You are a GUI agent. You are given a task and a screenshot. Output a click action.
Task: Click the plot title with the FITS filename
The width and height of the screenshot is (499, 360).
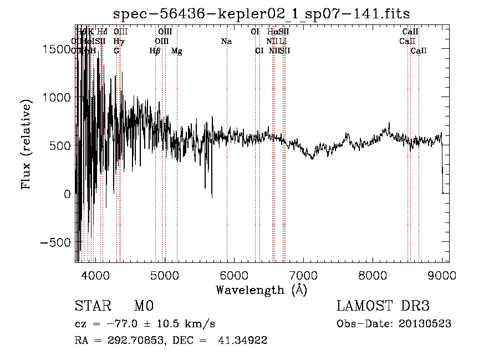[261, 14]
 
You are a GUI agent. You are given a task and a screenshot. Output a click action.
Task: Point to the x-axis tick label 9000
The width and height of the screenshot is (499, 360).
[442, 275]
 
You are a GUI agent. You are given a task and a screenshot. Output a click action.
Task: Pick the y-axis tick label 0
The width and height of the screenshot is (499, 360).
[67, 194]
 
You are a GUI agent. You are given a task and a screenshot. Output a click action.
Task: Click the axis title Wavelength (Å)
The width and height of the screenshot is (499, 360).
[261, 290]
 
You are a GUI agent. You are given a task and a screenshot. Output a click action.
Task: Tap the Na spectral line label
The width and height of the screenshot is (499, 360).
[226, 41]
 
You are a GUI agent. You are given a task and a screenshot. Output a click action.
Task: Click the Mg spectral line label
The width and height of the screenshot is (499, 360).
[176, 51]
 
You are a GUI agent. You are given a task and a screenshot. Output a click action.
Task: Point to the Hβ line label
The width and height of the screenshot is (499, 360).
[155, 51]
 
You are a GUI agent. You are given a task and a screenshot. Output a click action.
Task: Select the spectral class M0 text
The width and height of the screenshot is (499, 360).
[143, 306]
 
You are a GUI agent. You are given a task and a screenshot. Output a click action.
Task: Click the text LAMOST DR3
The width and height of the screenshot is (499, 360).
[383, 306]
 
